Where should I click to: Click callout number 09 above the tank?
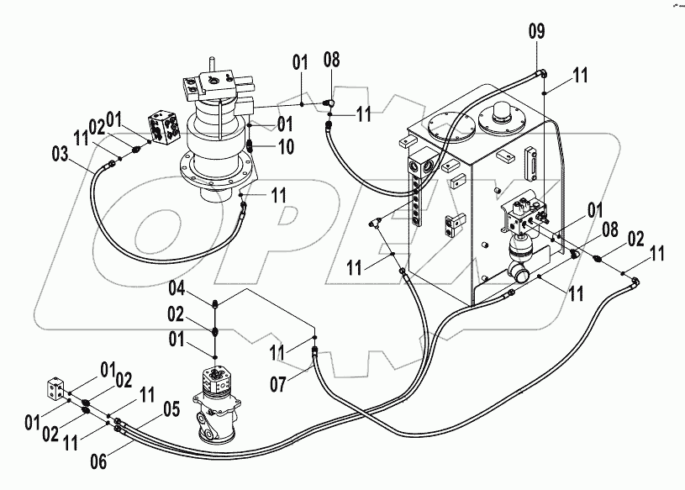click(x=536, y=32)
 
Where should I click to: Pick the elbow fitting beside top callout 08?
click(x=331, y=103)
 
